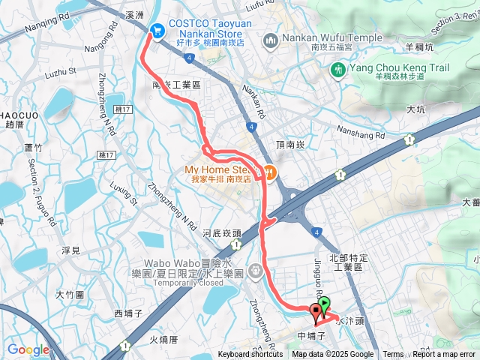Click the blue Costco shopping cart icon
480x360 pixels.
coord(157,30)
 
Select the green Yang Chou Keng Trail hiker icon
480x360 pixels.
coord(337,70)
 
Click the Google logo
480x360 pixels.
coord(28,349)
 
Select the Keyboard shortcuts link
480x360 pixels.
coord(250,355)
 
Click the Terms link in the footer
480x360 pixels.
coord(393,355)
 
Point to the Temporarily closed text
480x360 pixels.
coord(202,283)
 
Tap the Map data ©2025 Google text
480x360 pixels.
coord(333,355)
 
